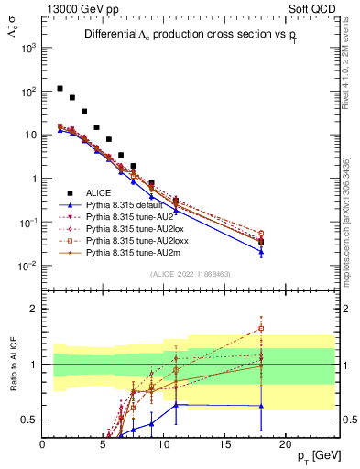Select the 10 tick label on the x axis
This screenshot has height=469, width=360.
tap(164, 444)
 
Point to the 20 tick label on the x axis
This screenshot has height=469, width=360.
tap(285, 444)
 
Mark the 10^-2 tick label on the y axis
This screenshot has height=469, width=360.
tap(27, 266)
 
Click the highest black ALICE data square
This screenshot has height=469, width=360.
tap(60, 89)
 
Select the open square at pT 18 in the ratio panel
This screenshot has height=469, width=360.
tap(261, 328)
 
